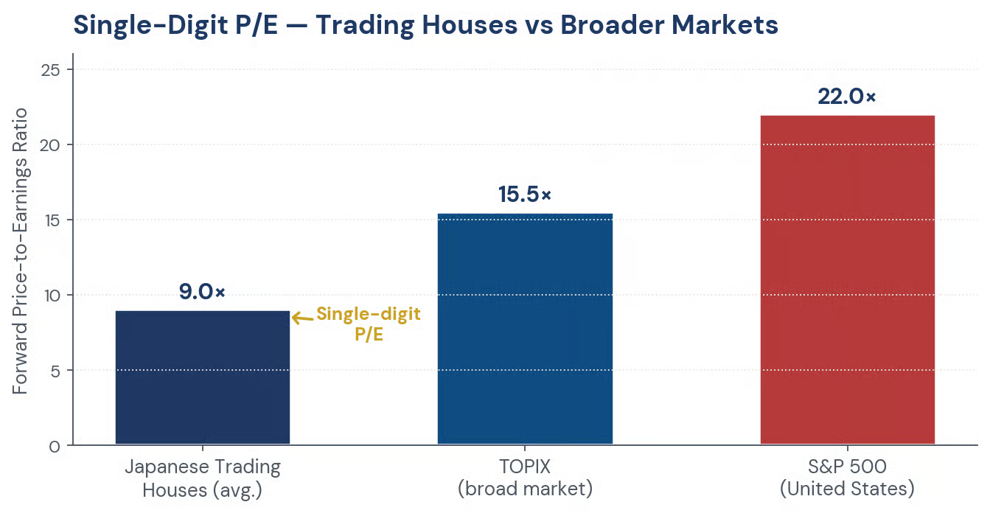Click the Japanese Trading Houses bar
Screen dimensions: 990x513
(203, 377)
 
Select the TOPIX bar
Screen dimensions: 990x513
(525, 329)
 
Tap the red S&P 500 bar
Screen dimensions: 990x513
(848, 279)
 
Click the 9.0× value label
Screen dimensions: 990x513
(202, 292)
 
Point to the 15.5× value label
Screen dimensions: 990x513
(525, 195)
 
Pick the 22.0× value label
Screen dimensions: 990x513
(846, 97)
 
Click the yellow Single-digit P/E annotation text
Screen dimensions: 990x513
(369, 324)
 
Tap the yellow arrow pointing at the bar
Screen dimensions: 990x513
(303, 318)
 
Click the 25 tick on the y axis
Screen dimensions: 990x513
(50, 70)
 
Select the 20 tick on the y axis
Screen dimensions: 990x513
(50, 145)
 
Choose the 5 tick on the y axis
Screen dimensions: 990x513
(55, 370)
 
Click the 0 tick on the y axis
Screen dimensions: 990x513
(55, 446)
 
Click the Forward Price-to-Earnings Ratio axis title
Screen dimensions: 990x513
(20, 251)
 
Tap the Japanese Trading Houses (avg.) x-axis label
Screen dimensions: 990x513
(203, 478)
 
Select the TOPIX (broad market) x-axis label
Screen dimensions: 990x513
(525, 478)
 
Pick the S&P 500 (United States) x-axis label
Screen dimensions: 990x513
(847, 478)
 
